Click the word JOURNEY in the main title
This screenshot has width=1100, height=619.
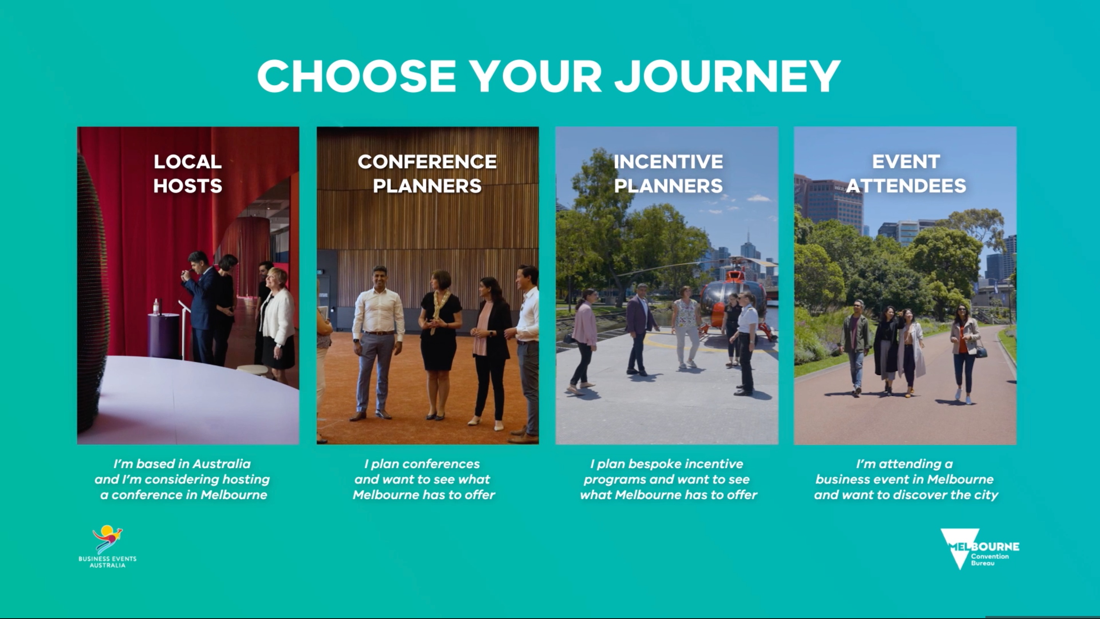728,76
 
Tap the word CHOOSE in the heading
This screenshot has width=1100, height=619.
357,76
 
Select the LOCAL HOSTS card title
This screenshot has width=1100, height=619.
188,173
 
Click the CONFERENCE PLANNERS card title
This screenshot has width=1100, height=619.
427,173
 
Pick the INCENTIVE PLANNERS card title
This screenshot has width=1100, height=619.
668,173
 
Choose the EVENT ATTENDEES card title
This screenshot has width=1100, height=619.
906,173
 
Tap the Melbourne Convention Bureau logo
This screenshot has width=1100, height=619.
980,549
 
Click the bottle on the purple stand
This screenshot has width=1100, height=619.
156,307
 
